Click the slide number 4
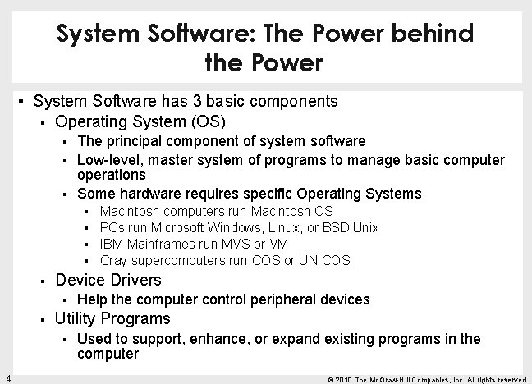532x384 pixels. point(7,377)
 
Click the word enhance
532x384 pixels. point(223,338)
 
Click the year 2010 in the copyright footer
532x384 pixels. point(344,379)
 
